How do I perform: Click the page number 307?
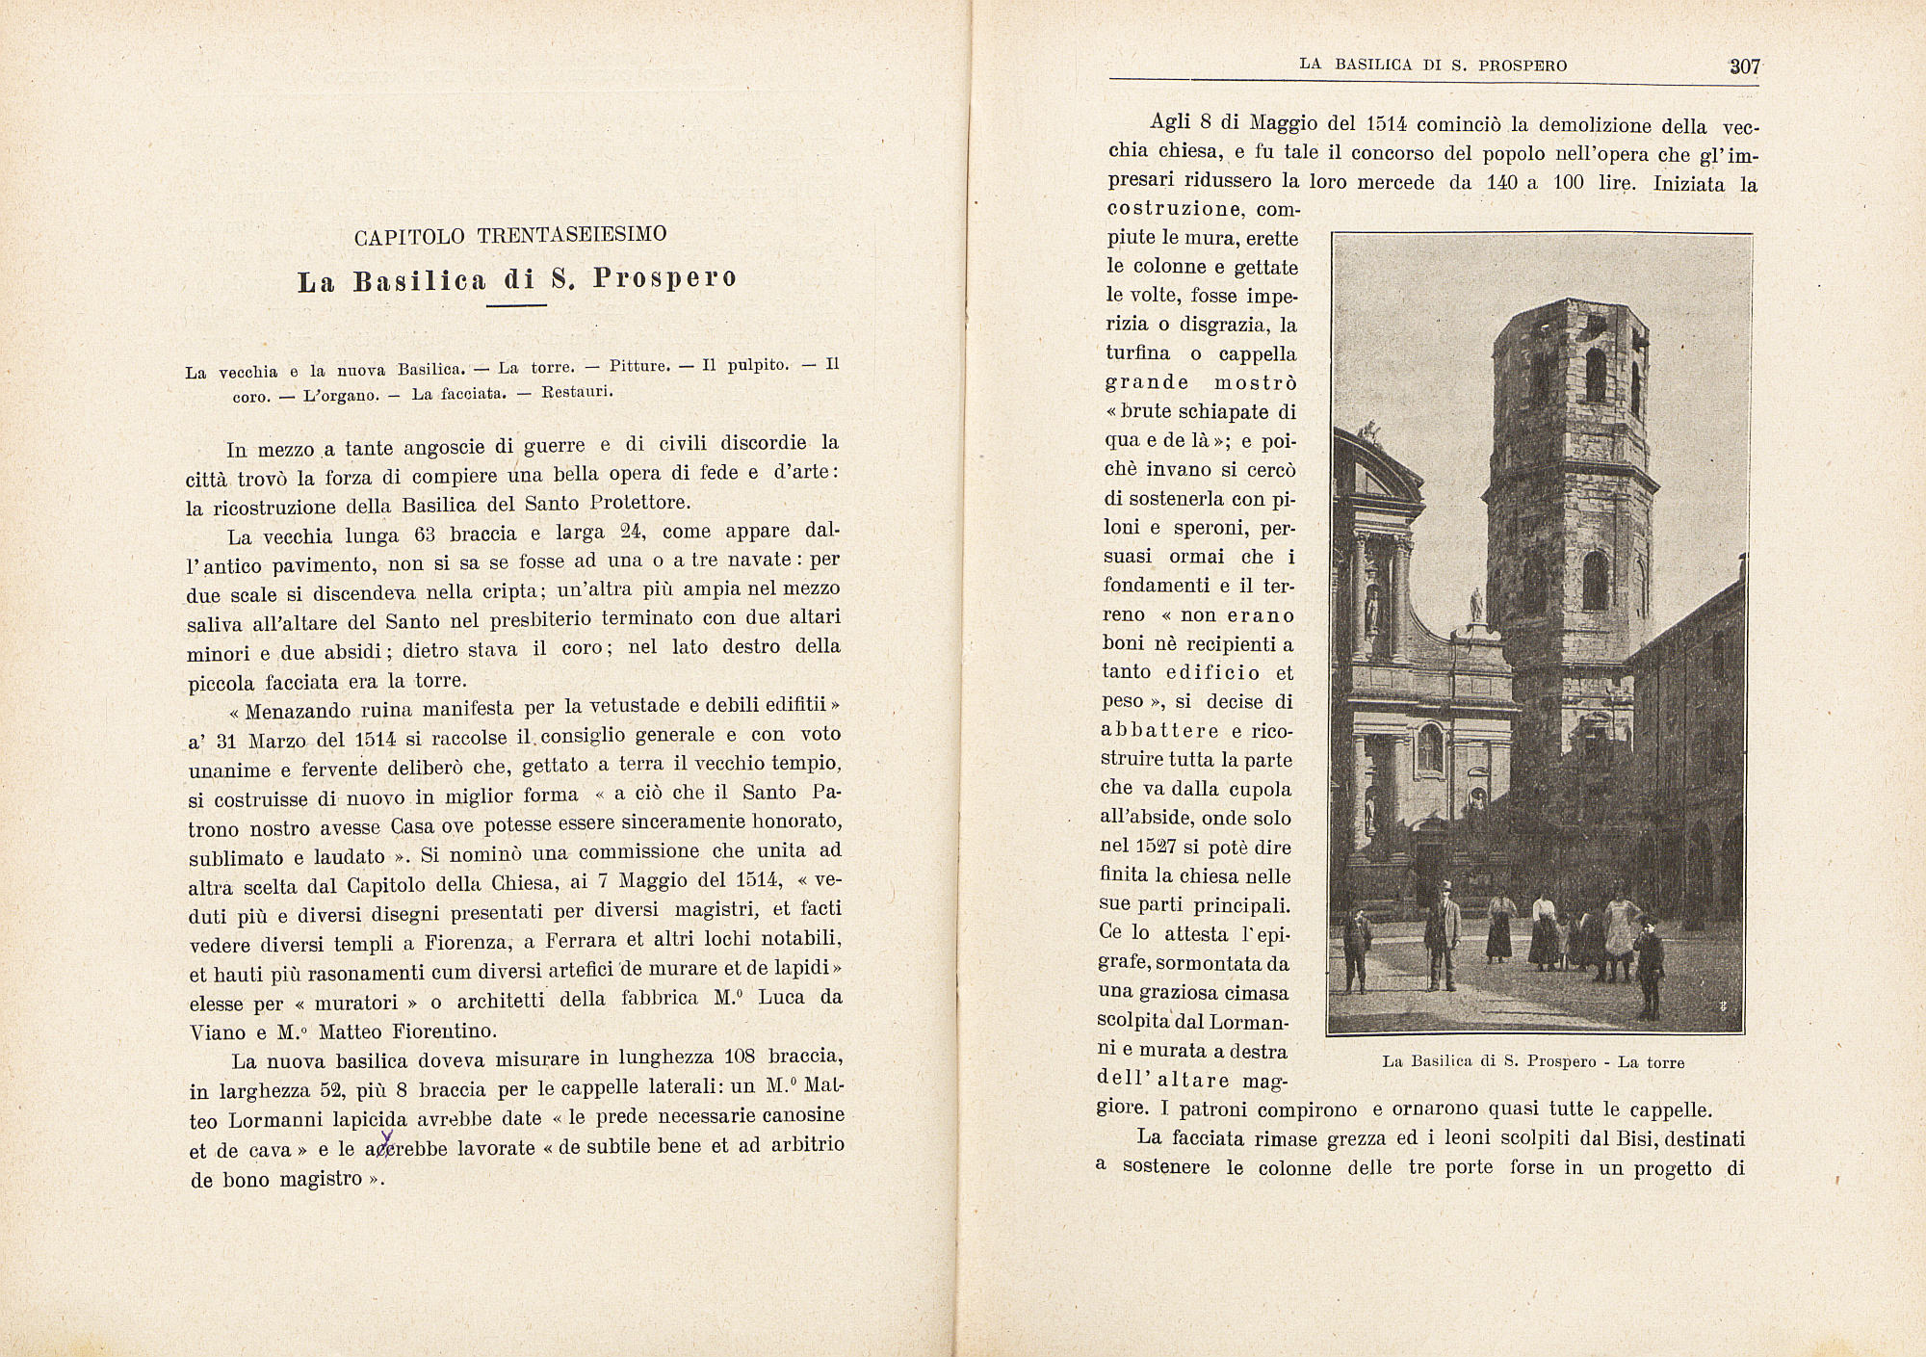pos(1744,66)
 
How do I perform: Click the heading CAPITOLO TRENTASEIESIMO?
pos(510,236)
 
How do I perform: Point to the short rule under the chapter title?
pos(516,305)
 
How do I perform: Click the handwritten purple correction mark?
pos(387,1141)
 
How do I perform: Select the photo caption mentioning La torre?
pos(1533,1062)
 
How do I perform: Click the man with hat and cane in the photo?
pos(1442,934)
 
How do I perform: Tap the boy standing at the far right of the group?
pos(1650,968)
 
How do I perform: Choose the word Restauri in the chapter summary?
pos(577,392)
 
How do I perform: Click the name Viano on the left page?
pos(218,1031)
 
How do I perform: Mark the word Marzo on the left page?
pos(277,741)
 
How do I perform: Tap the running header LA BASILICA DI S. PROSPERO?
pos(1433,65)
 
